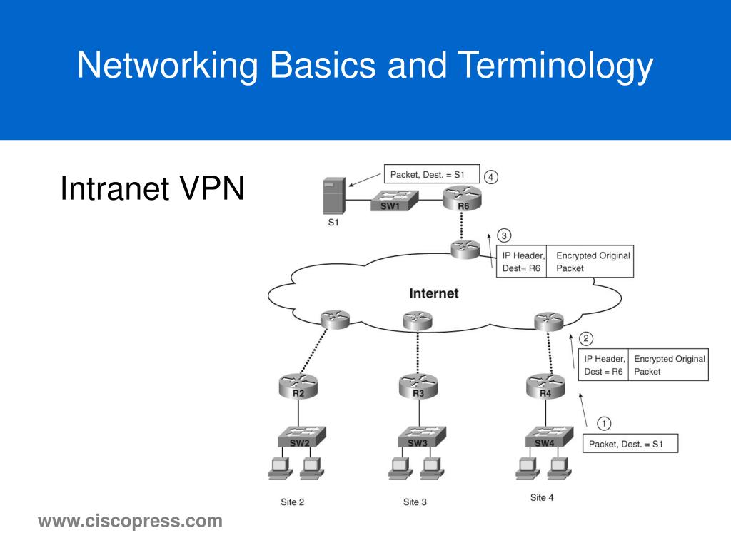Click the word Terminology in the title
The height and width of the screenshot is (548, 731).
tap(555, 66)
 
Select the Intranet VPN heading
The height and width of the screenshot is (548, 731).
tap(152, 189)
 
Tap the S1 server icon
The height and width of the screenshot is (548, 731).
tap(333, 196)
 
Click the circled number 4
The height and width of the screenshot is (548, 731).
tap(490, 176)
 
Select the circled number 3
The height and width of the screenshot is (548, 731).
tap(504, 235)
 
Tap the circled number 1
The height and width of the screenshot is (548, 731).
tap(603, 423)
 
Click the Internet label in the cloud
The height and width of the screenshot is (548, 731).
tap(433, 293)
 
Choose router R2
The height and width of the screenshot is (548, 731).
tap(298, 387)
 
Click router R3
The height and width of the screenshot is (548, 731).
tap(418, 387)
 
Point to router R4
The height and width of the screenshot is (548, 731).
tap(545, 387)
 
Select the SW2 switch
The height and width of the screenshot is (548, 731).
tap(300, 437)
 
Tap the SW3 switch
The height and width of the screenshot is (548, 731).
tap(418, 437)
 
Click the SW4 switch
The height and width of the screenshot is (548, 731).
tap(545, 437)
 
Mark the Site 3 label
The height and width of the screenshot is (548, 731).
tap(415, 502)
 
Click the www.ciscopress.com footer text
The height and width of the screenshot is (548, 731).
tap(130, 522)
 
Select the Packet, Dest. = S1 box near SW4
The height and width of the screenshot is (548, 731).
tap(630, 443)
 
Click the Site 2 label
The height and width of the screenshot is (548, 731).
tap(292, 502)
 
